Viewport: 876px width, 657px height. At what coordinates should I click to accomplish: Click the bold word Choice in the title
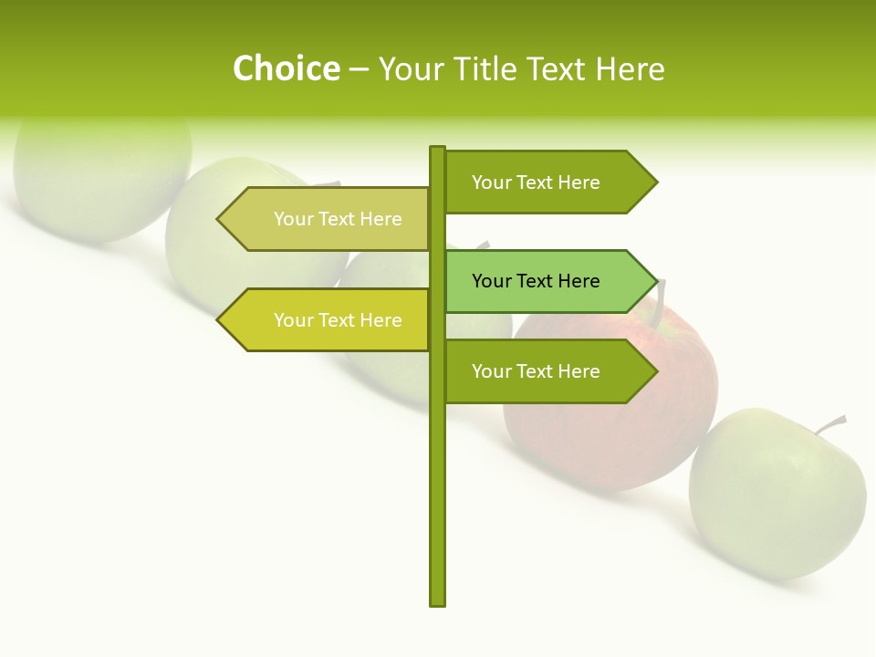(x=286, y=69)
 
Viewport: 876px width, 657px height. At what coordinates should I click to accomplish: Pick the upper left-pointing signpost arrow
(x=328, y=219)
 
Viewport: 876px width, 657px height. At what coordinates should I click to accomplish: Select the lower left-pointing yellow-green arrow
(x=328, y=320)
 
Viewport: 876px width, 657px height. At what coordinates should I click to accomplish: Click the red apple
(x=611, y=411)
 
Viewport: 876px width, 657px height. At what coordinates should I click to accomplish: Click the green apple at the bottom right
(x=776, y=493)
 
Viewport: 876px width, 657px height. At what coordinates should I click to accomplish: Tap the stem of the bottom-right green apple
(x=832, y=424)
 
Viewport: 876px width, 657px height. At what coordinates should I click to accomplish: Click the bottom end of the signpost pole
(x=438, y=600)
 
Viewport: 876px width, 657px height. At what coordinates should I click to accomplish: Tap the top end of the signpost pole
(x=438, y=151)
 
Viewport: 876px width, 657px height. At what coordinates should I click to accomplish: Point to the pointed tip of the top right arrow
(x=655, y=182)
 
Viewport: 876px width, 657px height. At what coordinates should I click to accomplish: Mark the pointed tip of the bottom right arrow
(x=655, y=371)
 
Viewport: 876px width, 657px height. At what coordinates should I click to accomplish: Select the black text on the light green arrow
(x=536, y=281)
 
